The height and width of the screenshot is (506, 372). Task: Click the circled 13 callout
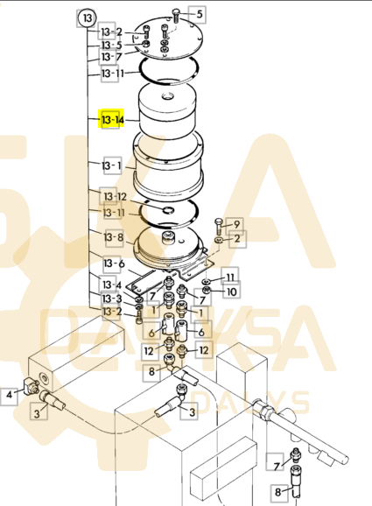(x=86, y=17)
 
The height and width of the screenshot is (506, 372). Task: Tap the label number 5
(x=199, y=15)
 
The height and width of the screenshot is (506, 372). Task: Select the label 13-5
(x=111, y=45)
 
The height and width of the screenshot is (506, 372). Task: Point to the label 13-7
(x=111, y=57)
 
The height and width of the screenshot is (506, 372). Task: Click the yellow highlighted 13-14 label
(x=112, y=118)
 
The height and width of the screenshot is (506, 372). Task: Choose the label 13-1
(x=111, y=165)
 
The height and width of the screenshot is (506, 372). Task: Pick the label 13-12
(x=116, y=196)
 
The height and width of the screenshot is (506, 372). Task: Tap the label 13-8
(x=114, y=237)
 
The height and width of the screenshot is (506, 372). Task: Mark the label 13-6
(x=114, y=264)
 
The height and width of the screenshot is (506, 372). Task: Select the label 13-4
(x=111, y=285)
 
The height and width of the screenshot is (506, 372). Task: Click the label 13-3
(x=111, y=299)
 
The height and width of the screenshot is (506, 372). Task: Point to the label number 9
(x=235, y=224)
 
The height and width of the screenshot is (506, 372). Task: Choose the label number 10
(x=231, y=291)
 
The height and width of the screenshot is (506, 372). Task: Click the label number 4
(x=10, y=395)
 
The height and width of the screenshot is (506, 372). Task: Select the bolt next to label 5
(x=178, y=14)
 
